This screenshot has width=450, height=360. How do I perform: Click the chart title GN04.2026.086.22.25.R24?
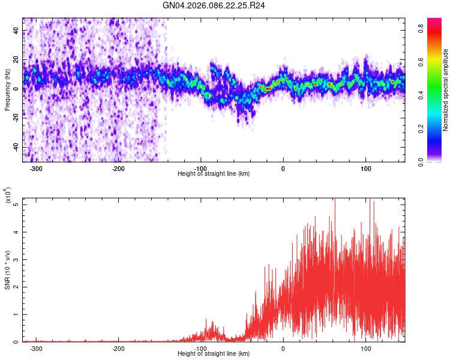click(214, 5)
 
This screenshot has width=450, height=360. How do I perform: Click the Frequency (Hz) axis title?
click(7, 90)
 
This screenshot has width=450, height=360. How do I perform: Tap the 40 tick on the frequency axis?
click(17, 31)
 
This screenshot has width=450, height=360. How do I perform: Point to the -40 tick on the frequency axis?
click(16, 147)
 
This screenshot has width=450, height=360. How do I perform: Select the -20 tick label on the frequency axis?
click(16, 118)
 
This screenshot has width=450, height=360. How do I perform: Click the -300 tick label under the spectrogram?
click(37, 168)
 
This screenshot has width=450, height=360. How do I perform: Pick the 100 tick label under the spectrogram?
click(365, 168)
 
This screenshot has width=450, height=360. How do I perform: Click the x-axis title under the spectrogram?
click(214, 173)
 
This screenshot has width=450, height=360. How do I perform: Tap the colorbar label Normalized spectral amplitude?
click(446, 90)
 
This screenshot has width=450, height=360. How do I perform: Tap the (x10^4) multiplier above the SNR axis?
click(8, 196)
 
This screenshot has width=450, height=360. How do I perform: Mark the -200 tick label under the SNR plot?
click(119, 348)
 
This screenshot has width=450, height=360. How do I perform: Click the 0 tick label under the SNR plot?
click(283, 348)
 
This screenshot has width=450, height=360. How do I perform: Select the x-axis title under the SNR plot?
click(214, 354)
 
